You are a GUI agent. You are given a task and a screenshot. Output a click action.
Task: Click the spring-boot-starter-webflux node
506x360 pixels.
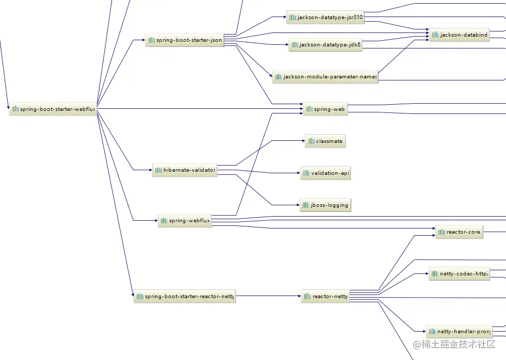click(53, 109)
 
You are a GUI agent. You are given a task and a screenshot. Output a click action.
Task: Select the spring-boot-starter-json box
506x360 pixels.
click(185, 40)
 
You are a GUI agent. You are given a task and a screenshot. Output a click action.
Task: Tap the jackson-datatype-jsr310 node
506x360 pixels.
click(325, 17)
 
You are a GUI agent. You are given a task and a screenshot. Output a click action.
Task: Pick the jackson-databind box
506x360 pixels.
click(459, 35)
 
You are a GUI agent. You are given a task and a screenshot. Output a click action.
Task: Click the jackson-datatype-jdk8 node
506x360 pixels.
click(325, 44)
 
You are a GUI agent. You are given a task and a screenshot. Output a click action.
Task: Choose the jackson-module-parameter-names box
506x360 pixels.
click(325, 77)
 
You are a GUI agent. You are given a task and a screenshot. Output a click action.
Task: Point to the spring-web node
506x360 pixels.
click(325, 109)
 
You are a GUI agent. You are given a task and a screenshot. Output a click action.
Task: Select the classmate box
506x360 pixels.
click(325, 141)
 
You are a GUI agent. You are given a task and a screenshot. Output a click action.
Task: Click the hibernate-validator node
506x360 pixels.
click(185, 170)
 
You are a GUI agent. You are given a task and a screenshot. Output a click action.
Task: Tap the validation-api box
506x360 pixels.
click(325, 173)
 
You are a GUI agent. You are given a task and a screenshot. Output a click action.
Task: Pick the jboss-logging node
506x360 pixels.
click(325, 205)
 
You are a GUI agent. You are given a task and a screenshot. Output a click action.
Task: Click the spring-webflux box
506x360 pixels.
click(185, 221)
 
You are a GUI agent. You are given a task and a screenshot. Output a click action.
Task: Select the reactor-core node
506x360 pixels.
click(459, 232)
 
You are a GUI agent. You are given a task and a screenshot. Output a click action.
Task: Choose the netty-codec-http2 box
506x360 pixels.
click(459, 273)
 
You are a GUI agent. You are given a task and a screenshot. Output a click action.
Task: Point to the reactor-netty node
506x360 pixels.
click(325, 296)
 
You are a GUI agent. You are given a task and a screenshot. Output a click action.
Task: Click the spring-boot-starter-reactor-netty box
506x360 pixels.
click(185, 296)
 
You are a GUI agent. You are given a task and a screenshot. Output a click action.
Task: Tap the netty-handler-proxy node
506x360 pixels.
click(459, 331)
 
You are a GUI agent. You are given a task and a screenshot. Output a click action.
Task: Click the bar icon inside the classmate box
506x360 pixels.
click(311, 141)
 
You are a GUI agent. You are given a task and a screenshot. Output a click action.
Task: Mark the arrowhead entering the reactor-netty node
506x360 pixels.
click(300, 296)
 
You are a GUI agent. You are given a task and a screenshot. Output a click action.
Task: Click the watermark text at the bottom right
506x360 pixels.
click(454, 344)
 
